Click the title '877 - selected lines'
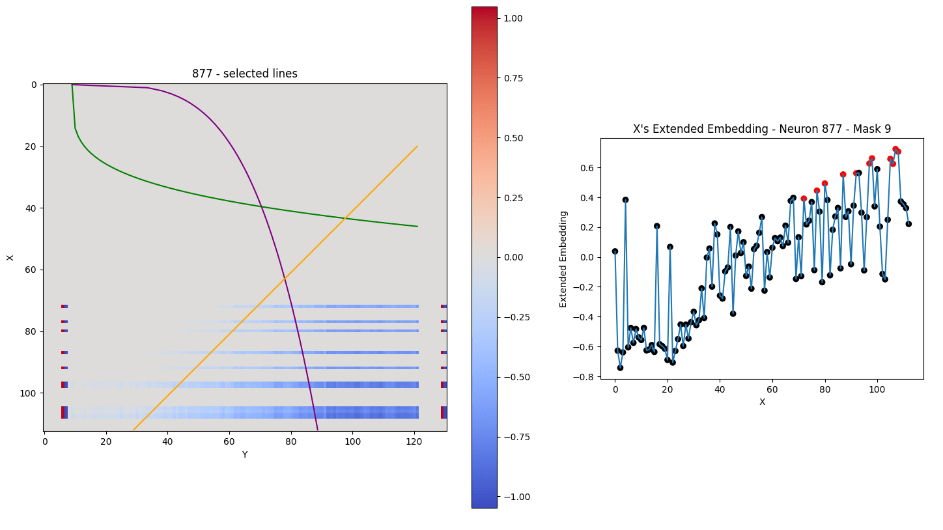pos(244,74)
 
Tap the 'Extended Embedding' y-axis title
pos(564,258)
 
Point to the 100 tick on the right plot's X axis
pos(877,389)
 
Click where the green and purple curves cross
pos(261,207)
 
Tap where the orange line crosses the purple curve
pos(285,278)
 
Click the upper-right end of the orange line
pos(417,146)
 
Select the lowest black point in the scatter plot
pos(620,368)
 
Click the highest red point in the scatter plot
pos(895,149)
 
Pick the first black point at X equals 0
pos(615,251)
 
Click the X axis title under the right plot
pos(762,402)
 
